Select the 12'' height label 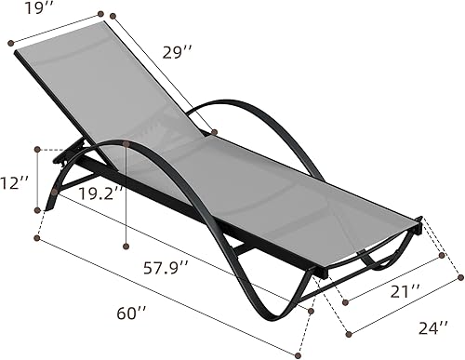[x=10, y=184]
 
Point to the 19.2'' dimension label [x=101, y=194]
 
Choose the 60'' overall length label [x=132, y=313]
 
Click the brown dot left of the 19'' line [x=11, y=42]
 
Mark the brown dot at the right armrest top [x=214, y=132]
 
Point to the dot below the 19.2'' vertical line [x=126, y=246]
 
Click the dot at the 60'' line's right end [x=299, y=355]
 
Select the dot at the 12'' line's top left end [x=37, y=149]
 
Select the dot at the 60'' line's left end [x=37, y=239]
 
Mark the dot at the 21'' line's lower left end [x=344, y=301]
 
